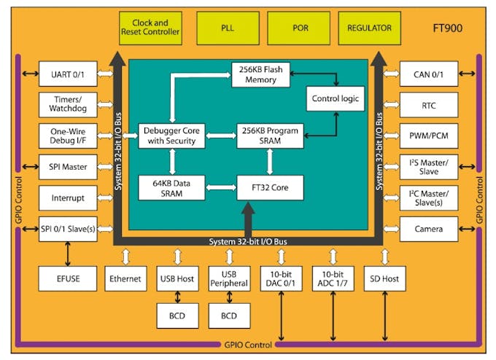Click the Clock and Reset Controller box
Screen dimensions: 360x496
(x=150, y=28)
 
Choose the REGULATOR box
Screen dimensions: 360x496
(x=371, y=28)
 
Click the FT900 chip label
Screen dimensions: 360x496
(x=447, y=31)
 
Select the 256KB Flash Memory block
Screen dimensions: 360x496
(x=261, y=75)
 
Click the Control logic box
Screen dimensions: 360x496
(x=335, y=98)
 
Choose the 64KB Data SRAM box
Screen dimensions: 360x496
(x=171, y=187)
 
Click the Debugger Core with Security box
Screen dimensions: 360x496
(x=171, y=136)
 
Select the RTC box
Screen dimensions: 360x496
(x=429, y=105)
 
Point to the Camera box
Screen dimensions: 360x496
(x=429, y=229)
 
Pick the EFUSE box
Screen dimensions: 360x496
(x=69, y=278)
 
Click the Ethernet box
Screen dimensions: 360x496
(x=126, y=278)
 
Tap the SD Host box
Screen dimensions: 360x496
(x=384, y=278)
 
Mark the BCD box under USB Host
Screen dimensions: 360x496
(x=177, y=315)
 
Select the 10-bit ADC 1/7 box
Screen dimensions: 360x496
(x=333, y=278)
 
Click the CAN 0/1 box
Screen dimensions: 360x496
(x=429, y=74)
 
